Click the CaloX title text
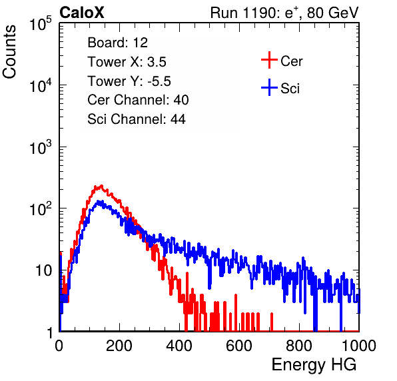click(81, 13)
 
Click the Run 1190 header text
click(284, 13)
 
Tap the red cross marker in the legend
click(269, 60)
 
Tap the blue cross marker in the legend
click(269, 87)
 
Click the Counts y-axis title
click(9, 51)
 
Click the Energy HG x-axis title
click(314, 365)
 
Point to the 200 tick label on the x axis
click(119, 346)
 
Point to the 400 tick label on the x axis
click(179, 346)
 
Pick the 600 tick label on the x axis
click(239, 346)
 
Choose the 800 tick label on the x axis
click(299, 346)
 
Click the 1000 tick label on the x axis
click(359, 346)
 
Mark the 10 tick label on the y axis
click(43, 270)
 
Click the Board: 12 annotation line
click(117, 43)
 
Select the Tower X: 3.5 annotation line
click(127, 62)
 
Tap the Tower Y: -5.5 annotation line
click(129, 81)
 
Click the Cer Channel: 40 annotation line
click(138, 100)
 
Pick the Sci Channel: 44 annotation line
click(137, 119)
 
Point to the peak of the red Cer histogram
click(101, 186)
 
